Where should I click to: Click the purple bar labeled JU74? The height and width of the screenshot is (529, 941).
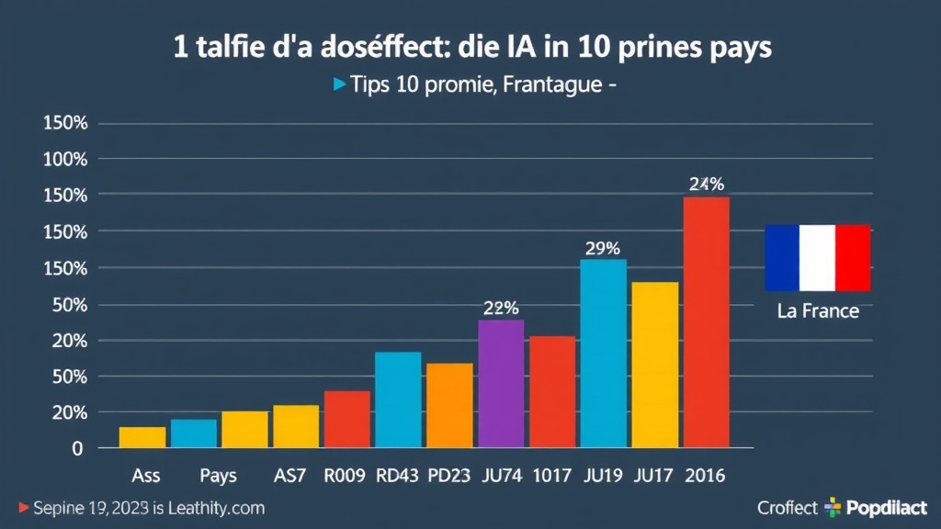point(501,384)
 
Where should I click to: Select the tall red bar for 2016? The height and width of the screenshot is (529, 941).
point(706,322)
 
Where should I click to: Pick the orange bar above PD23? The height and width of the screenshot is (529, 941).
point(449,405)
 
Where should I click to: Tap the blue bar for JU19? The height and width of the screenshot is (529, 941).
point(603,354)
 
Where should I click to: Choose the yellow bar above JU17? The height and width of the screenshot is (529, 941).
point(654,365)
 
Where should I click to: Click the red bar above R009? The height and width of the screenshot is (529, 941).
point(346,419)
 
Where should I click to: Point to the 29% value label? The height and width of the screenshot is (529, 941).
point(602,248)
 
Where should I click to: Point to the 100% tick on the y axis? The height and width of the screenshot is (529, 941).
point(65,159)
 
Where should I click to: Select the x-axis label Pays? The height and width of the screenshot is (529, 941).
point(218,477)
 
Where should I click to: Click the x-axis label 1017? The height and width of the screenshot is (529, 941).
point(552,477)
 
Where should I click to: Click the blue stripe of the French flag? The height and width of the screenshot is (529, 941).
point(783,258)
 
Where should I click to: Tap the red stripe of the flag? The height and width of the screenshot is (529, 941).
point(853,258)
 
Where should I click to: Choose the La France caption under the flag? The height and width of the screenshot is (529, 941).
point(818,311)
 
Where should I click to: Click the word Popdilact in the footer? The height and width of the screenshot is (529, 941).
point(888,508)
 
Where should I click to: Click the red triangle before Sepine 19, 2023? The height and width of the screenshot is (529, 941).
point(23,508)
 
